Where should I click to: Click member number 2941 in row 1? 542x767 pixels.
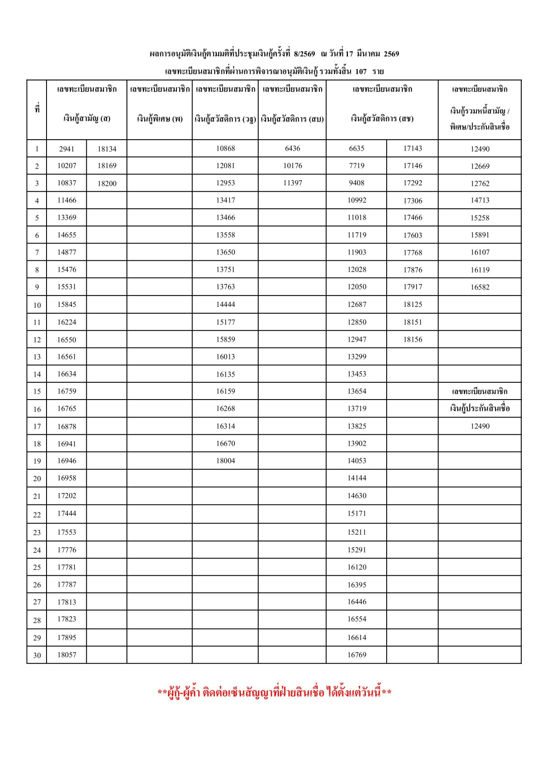pyautogui.click(x=66, y=149)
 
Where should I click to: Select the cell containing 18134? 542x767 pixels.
pyautogui.click(x=107, y=149)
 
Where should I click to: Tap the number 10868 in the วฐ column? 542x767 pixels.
pyautogui.click(x=225, y=148)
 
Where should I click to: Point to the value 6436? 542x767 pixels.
pyautogui.click(x=292, y=148)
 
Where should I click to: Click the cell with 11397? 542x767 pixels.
pyautogui.click(x=292, y=183)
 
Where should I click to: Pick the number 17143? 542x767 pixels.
pyautogui.click(x=412, y=148)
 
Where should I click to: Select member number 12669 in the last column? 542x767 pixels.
pyautogui.click(x=480, y=166)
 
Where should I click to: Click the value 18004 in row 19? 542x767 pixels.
pyautogui.click(x=225, y=461)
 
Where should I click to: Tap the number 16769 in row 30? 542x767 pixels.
pyautogui.click(x=356, y=654)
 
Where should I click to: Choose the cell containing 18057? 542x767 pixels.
pyautogui.click(x=66, y=654)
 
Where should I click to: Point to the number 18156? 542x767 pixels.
pyautogui.click(x=412, y=339)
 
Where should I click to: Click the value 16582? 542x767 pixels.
pyautogui.click(x=480, y=287)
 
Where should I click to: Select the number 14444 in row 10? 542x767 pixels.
pyautogui.click(x=225, y=304)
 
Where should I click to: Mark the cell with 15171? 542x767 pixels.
pyautogui.click(x=356, y=513)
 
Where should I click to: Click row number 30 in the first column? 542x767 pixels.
pyautogui.click(x=37, y=655)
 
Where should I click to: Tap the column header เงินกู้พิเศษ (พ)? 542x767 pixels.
pyautogui.click(x=159, y=119)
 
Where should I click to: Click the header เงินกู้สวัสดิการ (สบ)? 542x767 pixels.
pyautogui.click(x=292, y=119)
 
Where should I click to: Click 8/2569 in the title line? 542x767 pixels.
pyautogui.click(x=304, y=54)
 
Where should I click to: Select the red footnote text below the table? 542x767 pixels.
pyautogui.click(x=274, y=692)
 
